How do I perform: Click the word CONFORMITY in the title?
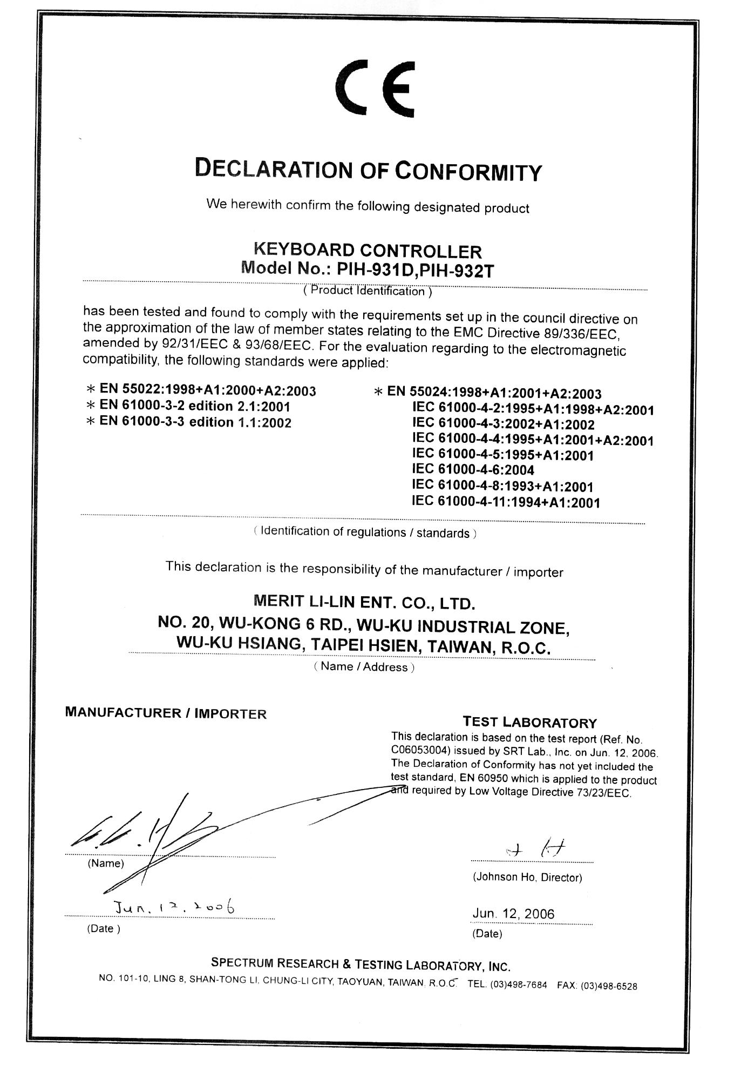(467, 171)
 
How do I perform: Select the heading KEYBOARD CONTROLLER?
(368, 251)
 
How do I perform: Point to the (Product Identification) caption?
(368, 292)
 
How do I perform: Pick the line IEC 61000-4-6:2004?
(473, 470)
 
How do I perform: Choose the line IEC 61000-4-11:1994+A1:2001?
(506, 502)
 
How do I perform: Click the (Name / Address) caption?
(364, 667)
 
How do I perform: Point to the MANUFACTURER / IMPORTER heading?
(166, 713)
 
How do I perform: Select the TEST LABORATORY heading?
(530, 723)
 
